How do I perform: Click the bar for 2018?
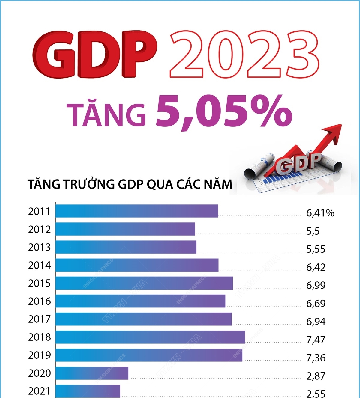pos(150,337)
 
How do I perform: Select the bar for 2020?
pos(92,373)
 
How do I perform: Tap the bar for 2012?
pos(125,229)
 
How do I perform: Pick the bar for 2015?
pos(144,283)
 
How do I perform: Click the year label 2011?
pos(39,212)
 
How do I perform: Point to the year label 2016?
pos(39,301)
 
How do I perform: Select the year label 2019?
pos(39,355)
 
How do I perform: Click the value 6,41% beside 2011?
pos(320,213)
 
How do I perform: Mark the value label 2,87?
pos(316,376)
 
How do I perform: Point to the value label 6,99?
pos(316,285)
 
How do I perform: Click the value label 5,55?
pos(316,249)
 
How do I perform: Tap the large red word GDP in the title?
pos(95,55)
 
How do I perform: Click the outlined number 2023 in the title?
pos(244,55)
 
